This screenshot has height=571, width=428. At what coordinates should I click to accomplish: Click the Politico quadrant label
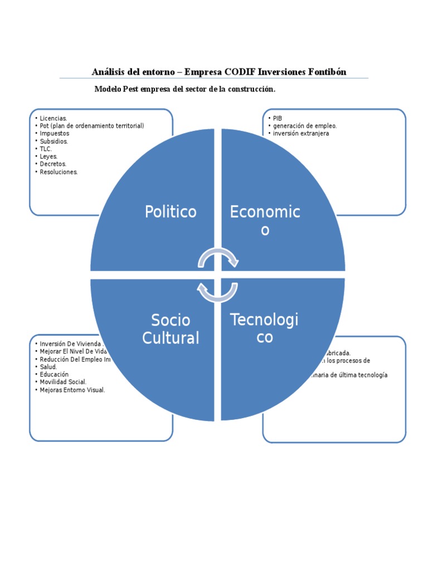(171, 212)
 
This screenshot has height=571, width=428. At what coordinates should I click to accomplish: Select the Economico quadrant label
(265, 220)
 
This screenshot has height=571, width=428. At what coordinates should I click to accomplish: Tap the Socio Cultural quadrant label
(171, 329)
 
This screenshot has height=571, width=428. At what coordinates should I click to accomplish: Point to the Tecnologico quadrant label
(264, 328)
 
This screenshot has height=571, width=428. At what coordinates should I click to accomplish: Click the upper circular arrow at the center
(218, 257)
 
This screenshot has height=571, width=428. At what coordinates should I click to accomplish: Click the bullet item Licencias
(53, 118)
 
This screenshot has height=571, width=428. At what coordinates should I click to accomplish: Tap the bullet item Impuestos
(55, 134)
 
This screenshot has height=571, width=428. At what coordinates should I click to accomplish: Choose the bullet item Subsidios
(54, 142)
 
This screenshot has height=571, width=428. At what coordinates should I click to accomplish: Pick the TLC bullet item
(46, 149)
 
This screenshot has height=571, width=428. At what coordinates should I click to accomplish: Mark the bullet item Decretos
(53, 164)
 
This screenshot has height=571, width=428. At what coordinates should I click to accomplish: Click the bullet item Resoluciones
(59, 172)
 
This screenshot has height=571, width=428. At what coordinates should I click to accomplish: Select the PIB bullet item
(278, 118)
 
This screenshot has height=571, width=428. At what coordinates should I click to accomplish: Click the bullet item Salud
(48, 367)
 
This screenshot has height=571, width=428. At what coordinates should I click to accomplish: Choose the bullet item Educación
(54, 374)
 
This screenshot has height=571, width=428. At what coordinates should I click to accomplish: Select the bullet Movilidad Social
(63, 382)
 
